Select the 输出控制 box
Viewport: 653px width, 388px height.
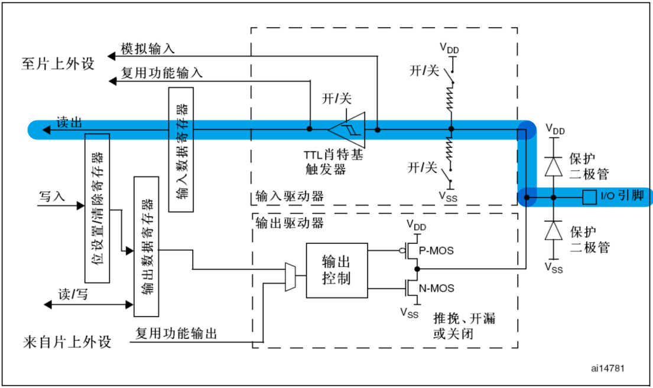coord(336,270)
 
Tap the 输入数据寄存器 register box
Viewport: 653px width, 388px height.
coord(179,149)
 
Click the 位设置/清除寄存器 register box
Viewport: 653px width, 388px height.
coord(98,208)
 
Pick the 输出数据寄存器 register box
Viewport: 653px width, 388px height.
coord(146,246)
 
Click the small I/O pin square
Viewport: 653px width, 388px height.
coord(589,197)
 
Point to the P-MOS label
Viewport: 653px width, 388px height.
coord(437,250)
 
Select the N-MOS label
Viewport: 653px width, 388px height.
coord(437,288)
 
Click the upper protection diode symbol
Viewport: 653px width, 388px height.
coord(553,167)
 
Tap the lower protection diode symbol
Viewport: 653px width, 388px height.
coord(553,230)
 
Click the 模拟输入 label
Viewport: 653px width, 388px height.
coord(147,48)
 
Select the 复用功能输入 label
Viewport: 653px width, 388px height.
coord(162,73)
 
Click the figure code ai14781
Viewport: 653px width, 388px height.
coord(608,368)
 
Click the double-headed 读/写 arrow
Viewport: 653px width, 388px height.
coord(89,304)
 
